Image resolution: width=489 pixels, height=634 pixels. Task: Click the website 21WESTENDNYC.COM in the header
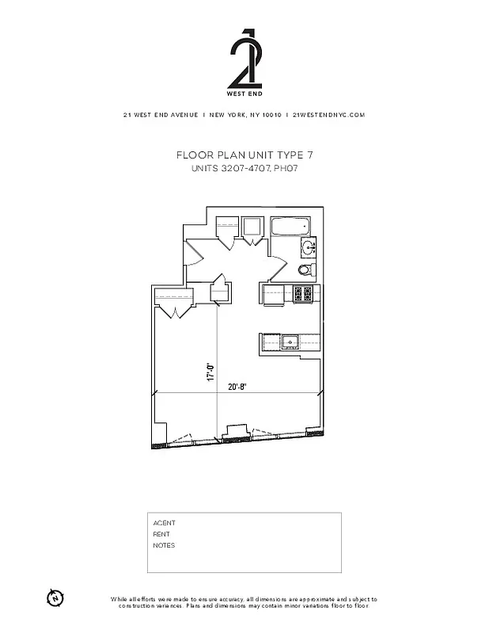[328, 115]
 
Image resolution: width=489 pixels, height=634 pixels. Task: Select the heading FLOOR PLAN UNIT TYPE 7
[244, 155]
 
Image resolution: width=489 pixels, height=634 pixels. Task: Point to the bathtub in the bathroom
[293, 227]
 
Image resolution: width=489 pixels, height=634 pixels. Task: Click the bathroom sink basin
[309, 249]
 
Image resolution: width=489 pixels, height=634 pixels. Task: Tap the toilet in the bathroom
[306, 270]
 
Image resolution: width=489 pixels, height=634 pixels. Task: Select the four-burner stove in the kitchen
[302, 294]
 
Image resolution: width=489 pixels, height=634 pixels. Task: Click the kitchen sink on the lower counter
[290, 342]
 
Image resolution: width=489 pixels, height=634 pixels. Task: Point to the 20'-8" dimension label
[236, 387]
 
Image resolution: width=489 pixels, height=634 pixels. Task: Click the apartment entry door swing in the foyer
[195, 254]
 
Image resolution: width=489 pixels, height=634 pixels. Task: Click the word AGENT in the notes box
[164, 523]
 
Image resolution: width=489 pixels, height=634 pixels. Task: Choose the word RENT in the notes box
[161, 534]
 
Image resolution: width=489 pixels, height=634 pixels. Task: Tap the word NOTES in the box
[164, 545]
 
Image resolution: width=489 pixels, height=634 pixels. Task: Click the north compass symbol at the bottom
[55, 597]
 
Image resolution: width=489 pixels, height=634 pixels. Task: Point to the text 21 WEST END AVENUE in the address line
[161, 115]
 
